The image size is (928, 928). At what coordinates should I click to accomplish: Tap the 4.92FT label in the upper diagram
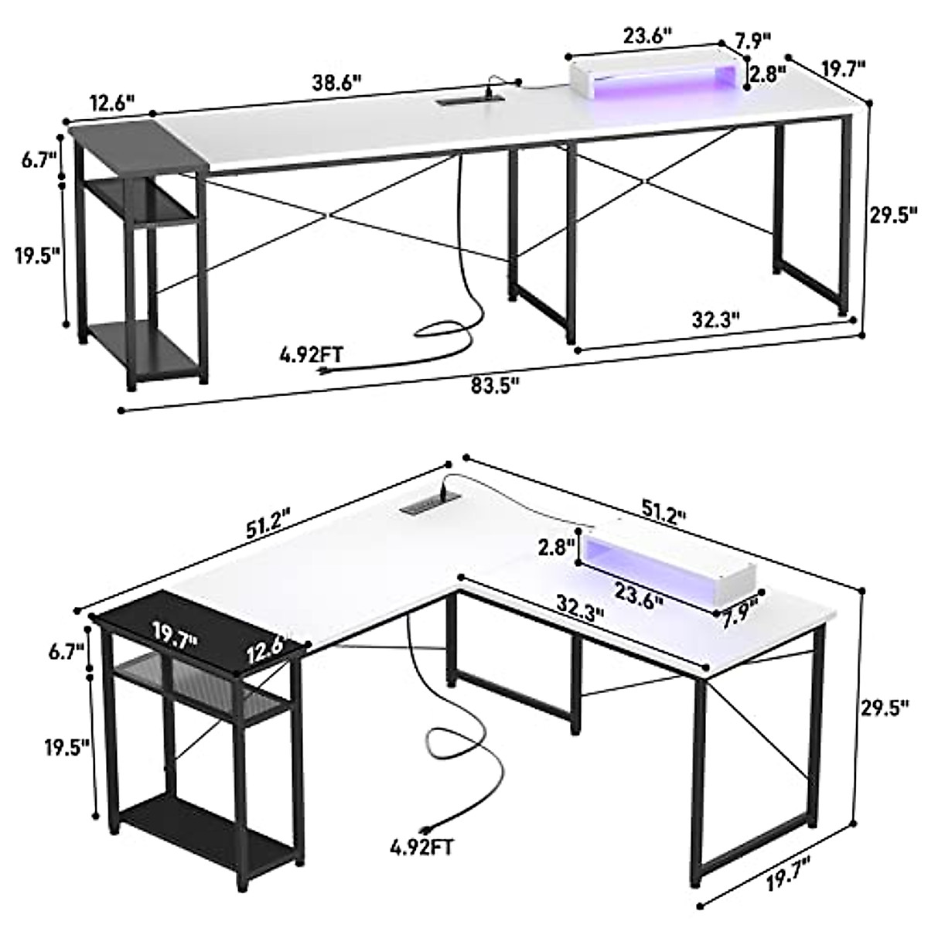312,356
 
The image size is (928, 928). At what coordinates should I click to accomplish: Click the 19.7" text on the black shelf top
174,636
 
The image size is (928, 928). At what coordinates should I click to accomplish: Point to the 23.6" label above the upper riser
647,35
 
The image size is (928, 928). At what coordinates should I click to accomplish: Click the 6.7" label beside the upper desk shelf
39,161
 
